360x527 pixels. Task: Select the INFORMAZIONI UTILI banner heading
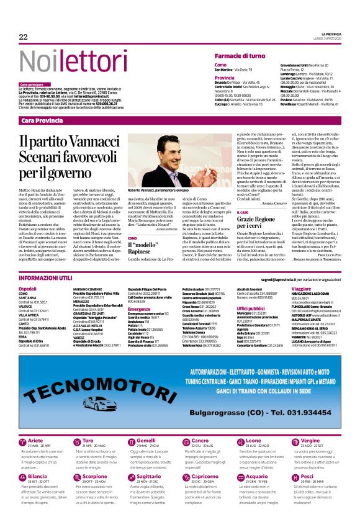(x=47, y=279)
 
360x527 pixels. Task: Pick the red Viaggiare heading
(x=301, y=289)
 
